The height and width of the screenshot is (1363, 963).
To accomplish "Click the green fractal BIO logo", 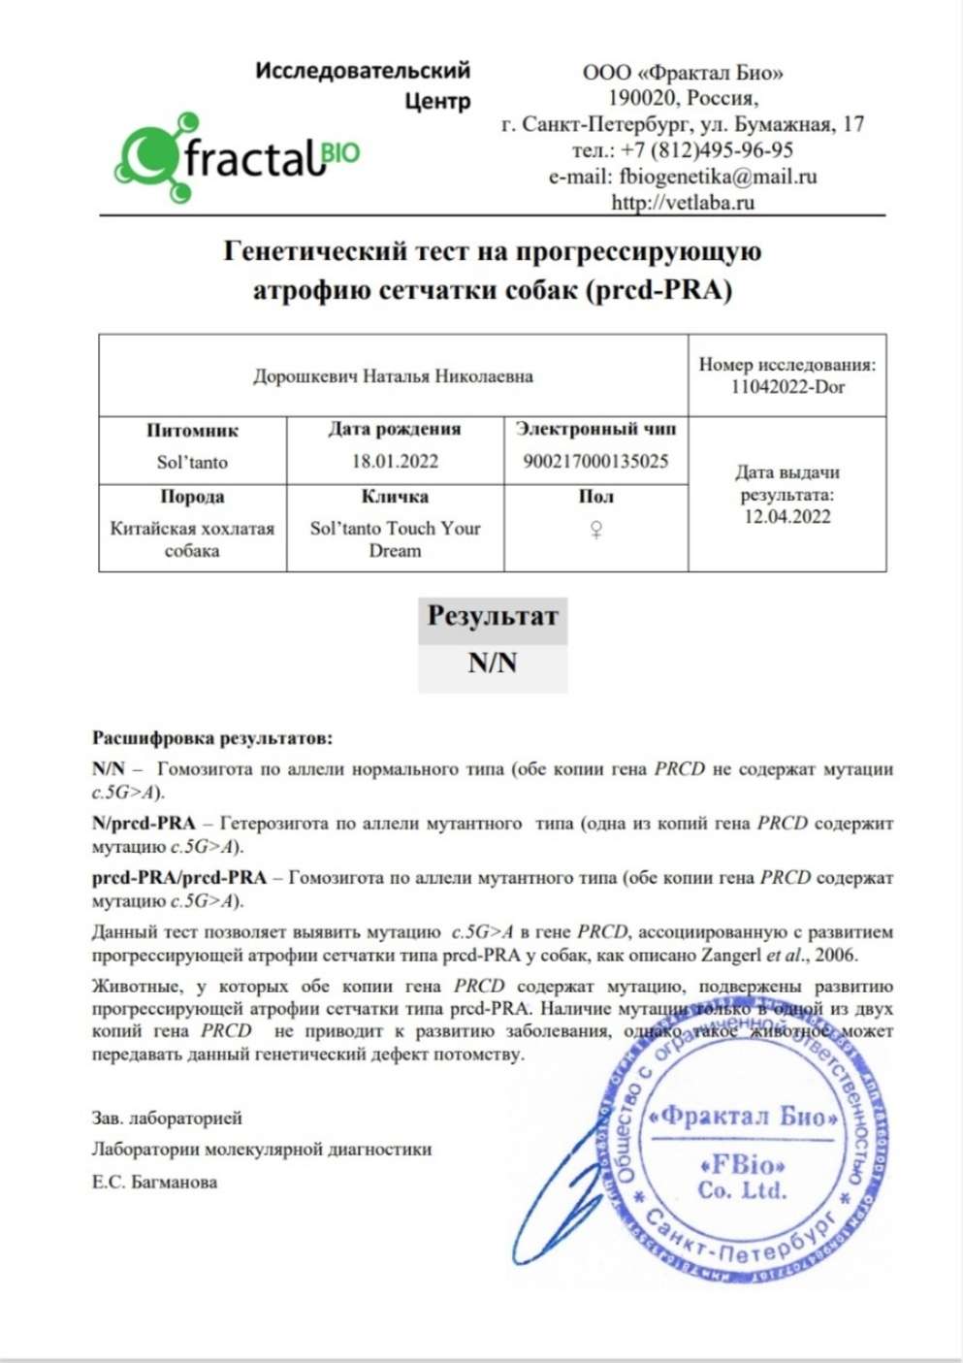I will [238, 155].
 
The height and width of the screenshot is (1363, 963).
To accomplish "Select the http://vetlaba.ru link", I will [682, 202].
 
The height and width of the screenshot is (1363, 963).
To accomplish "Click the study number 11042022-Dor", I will [787, 387].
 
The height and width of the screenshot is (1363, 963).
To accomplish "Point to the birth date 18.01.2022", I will [395, 462].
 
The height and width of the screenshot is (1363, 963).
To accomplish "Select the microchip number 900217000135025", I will [595, 461].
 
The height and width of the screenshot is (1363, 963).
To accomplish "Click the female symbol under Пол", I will [596, 530].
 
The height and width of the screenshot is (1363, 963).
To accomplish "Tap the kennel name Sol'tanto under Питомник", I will [192, 462].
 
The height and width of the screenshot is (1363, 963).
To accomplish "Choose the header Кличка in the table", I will [395, 497].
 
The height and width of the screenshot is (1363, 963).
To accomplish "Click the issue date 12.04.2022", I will [787, 516].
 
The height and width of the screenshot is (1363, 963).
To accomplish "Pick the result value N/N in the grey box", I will [493, 664].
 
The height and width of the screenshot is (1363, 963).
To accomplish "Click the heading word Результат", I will [493, 616].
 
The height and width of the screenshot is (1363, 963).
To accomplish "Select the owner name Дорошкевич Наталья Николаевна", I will [393, 376].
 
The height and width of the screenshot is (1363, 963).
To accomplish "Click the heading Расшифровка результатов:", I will [212, 738].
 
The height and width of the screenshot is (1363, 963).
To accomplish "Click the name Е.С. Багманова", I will [155, 1182].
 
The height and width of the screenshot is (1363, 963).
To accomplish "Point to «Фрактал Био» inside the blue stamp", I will [743, 1116].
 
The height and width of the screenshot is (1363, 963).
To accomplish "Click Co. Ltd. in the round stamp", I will [742, 1190].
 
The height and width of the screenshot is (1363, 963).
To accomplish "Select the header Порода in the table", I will [192, 497].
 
